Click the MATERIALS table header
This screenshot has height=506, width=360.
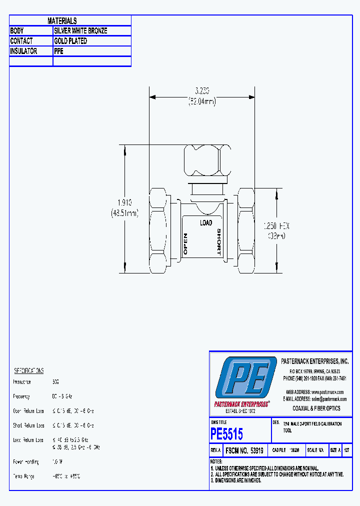tap(62, 20)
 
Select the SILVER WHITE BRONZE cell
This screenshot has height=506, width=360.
tap(80, 30)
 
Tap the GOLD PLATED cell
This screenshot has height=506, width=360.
tap(70, 41)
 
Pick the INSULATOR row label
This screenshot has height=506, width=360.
tap(23, 51)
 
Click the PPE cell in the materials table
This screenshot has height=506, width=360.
tap(59, 51)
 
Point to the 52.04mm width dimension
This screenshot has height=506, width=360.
tap(201, 102)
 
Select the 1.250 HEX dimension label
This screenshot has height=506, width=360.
tap(276, 226)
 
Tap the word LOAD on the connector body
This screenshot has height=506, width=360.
tap(205, 222)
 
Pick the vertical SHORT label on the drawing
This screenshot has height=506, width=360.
tap(218, 242)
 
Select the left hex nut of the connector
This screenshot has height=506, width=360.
tap(158, 229)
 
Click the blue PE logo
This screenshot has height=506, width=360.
tap(245, 378)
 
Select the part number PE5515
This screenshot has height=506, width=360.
tap(226, 433)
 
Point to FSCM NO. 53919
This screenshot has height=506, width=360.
tap(246, 450)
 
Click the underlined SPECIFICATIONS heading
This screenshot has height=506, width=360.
tap(28, 370)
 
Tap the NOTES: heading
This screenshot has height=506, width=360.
tap(216, 461)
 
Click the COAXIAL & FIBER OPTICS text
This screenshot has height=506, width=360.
tap(316, 408)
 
